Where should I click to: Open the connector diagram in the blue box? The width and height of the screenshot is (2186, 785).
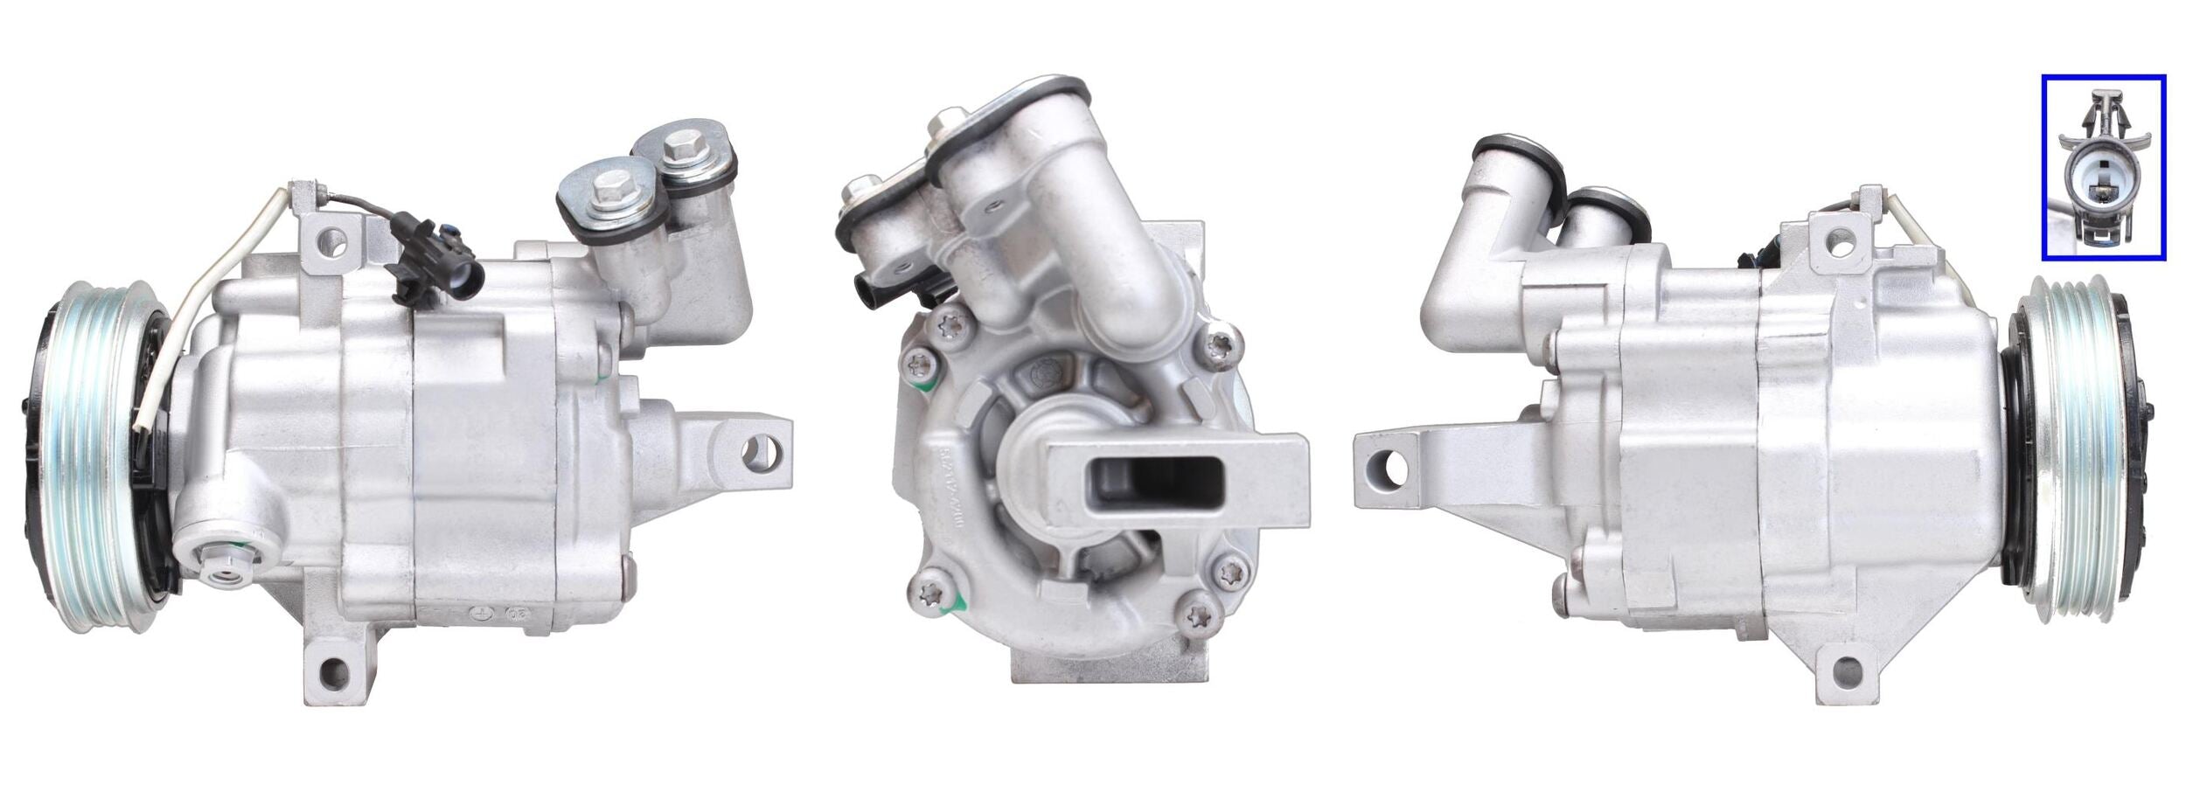[x=2102, y=167]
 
